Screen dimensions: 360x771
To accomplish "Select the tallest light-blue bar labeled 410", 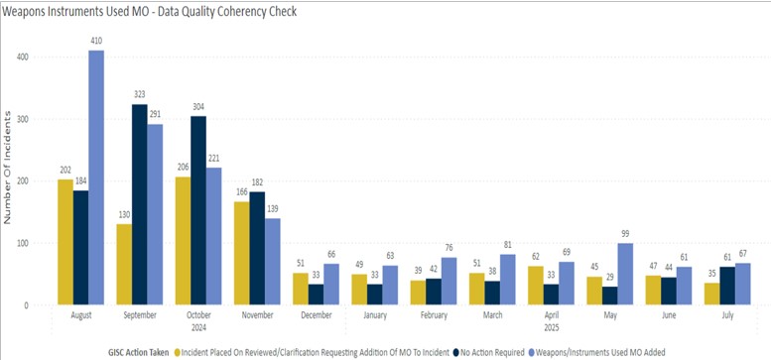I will (x=95, y=179).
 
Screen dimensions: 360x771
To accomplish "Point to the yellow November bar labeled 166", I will (x=241, y=253).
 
